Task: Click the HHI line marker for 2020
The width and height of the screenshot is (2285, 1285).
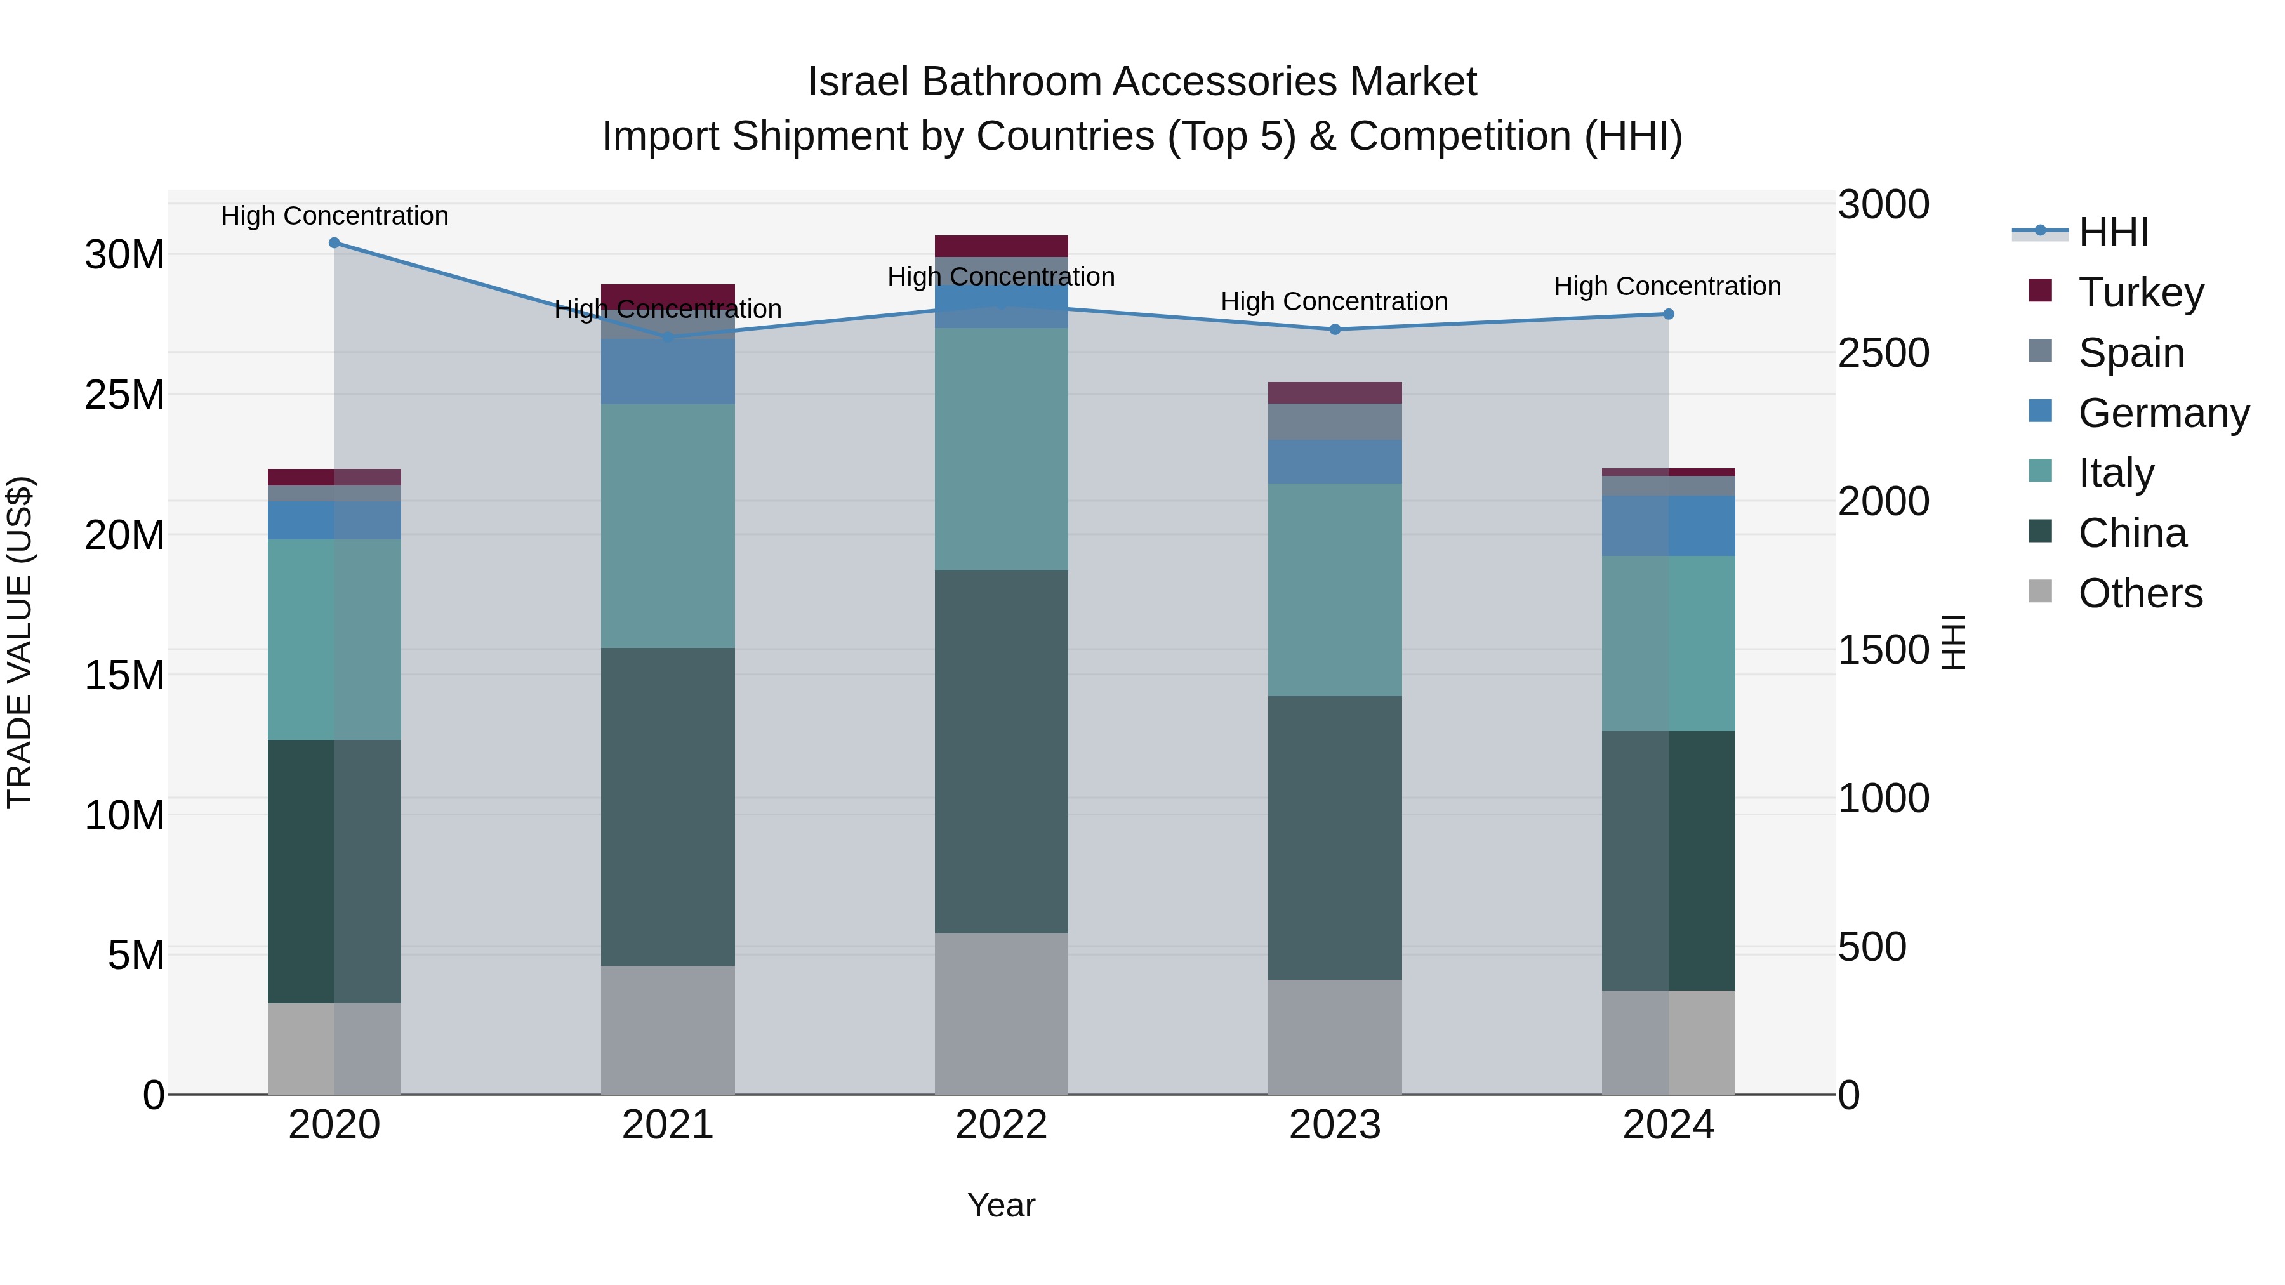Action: pyautogui.click(x=334, y=243)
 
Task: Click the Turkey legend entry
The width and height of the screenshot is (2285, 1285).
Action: pyautogui.click(x=2140, y=292)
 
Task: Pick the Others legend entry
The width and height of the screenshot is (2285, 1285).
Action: pyautogui.click(x=2140, y=593)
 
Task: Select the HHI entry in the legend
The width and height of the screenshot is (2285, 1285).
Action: pyautogui.click(x=2113, y=232)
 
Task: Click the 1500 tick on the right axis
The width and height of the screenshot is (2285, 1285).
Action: pyautogui.click(x=1883, y=649)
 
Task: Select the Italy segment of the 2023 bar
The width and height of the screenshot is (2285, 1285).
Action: pyautogui.click(x=1335, y=589)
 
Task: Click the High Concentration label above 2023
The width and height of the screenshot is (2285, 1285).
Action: pyautogui.click(x=1334, y=301)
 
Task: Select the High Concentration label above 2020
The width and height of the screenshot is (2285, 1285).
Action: pyautogui.click(x=334, y=216)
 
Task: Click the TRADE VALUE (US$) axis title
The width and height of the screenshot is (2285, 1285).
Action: pyautogui.click(x=20, y=642)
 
